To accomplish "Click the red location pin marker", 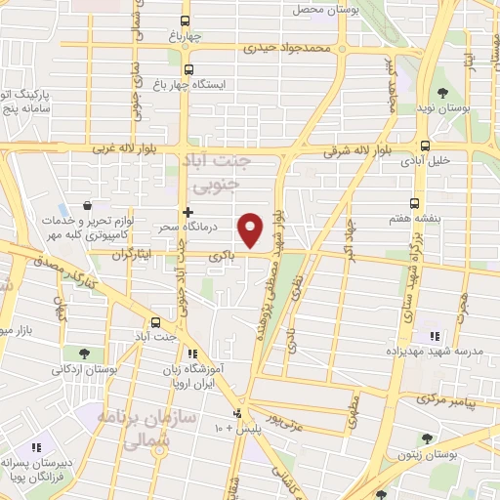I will pos(251,229).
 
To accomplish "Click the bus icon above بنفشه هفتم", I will pos(415,203).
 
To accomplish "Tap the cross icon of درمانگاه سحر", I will pos(187,211).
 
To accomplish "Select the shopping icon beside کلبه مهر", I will pos(89,207).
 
